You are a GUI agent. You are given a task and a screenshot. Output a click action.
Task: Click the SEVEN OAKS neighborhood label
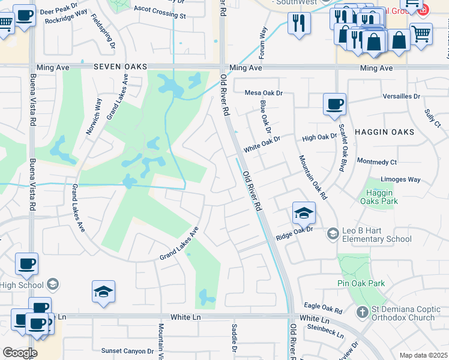click(x=120, y=68)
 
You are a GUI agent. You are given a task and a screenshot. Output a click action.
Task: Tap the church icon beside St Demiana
click(x=362, y=312)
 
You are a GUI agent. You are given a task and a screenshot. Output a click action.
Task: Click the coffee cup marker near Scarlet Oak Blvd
click(x=334, y=104)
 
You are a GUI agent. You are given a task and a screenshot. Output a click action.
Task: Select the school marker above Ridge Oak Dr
click(x=304, y=213)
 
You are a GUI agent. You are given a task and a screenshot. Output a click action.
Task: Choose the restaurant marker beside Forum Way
click(x=298, y=25)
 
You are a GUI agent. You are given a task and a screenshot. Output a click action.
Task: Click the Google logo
click(x=20, y=353)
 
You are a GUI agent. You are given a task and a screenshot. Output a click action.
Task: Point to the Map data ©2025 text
click(x=423, y=355)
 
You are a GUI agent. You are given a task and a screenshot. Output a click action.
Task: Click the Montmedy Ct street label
click(x=377, y=162)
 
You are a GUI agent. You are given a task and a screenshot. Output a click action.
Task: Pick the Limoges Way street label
click(x=402, y=179)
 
